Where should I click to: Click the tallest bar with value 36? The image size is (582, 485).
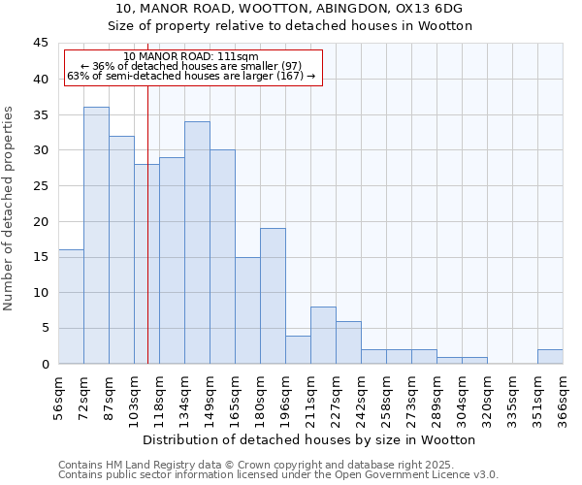(96, 235)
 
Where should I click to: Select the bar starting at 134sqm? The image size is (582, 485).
(197, 242)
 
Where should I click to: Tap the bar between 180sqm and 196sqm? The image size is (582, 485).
(273, 296)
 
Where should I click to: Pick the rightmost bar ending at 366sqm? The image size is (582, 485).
(550, 356)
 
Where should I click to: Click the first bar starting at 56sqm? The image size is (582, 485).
(71, 307)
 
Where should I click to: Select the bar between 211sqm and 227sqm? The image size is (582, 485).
(323, 335)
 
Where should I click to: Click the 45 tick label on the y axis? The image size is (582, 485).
(41, 44)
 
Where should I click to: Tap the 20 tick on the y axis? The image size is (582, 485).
(41, 221)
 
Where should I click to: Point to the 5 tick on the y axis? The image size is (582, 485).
(45, 328)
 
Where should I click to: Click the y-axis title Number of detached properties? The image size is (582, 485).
(10, 209)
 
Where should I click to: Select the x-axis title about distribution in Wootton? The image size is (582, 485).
(315, 439)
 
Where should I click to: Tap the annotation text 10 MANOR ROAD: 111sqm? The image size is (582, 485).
(191, 56)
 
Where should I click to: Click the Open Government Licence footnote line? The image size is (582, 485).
(278, 474)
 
